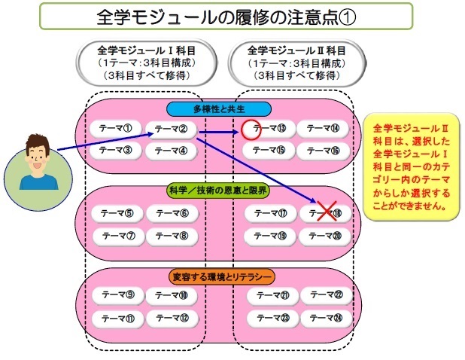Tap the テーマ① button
click(117, 129)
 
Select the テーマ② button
click(172, 130)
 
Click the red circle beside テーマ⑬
click(251, 130)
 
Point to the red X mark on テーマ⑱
click(325, 213)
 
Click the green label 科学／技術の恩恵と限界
click(218, 191)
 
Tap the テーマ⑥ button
click(172, 213)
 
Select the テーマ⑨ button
click(117, 296)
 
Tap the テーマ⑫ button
click(172, 318)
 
